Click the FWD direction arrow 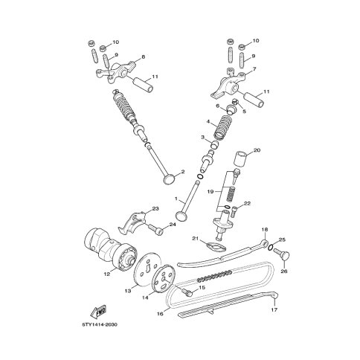coord(98,312)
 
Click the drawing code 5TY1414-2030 coord(100,324)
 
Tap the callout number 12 coord(106,274)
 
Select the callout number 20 coord(257,150)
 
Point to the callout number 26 coord(284,271)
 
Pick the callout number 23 coord(155,209)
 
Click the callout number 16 coord(160,314)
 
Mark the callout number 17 coord(274,309)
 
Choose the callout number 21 coord(196,239)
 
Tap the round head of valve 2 coord(170,179)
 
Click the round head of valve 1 coord(181,215)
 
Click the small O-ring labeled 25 coord(271,247)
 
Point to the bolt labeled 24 coord(155,229)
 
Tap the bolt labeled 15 coord(187,292)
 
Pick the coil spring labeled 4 coord(223,128)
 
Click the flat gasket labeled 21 coord(216,246)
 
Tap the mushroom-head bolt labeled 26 coord(283,255)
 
